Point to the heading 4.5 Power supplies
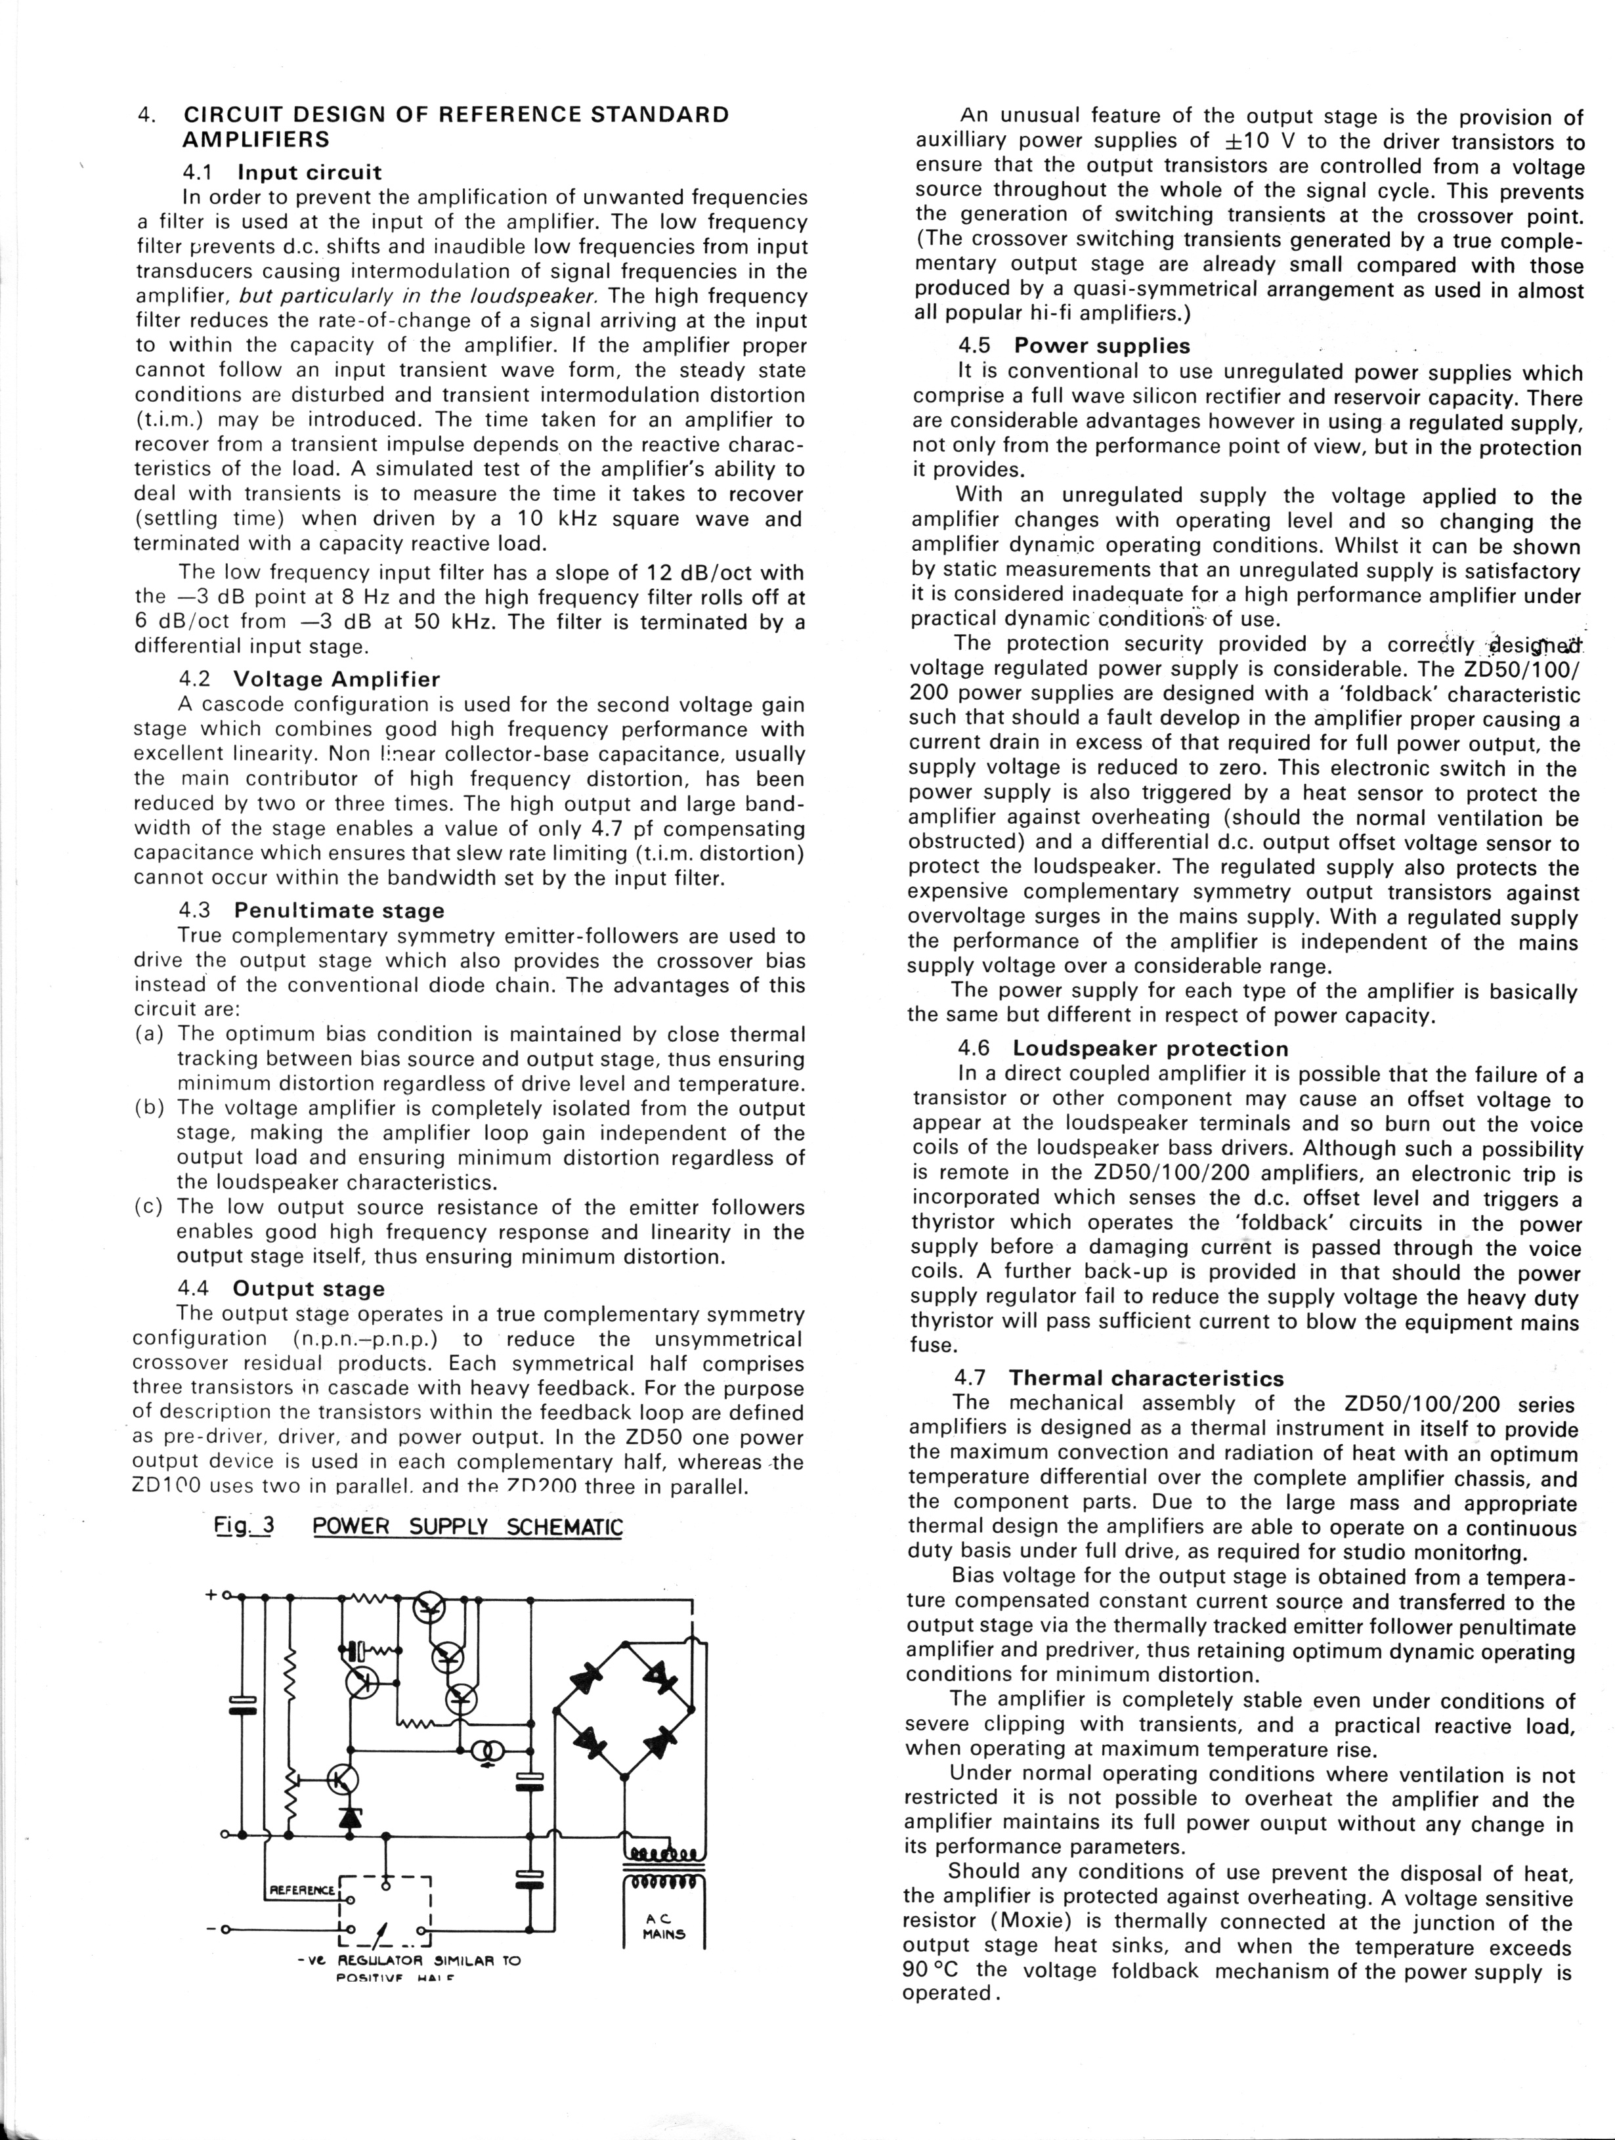coord(1074,347)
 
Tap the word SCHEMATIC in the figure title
coord(565,1528)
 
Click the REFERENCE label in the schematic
coord(301,1889)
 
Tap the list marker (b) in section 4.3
coord(149,1107)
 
